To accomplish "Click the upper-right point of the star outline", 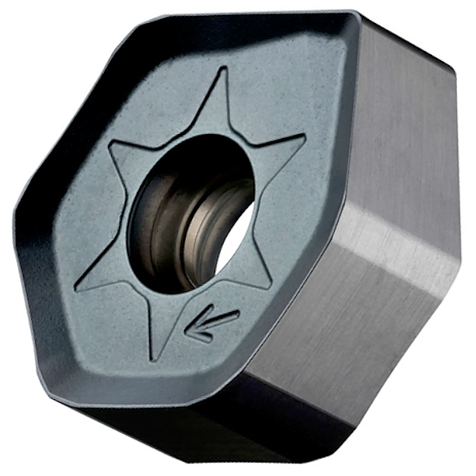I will (305, 136).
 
